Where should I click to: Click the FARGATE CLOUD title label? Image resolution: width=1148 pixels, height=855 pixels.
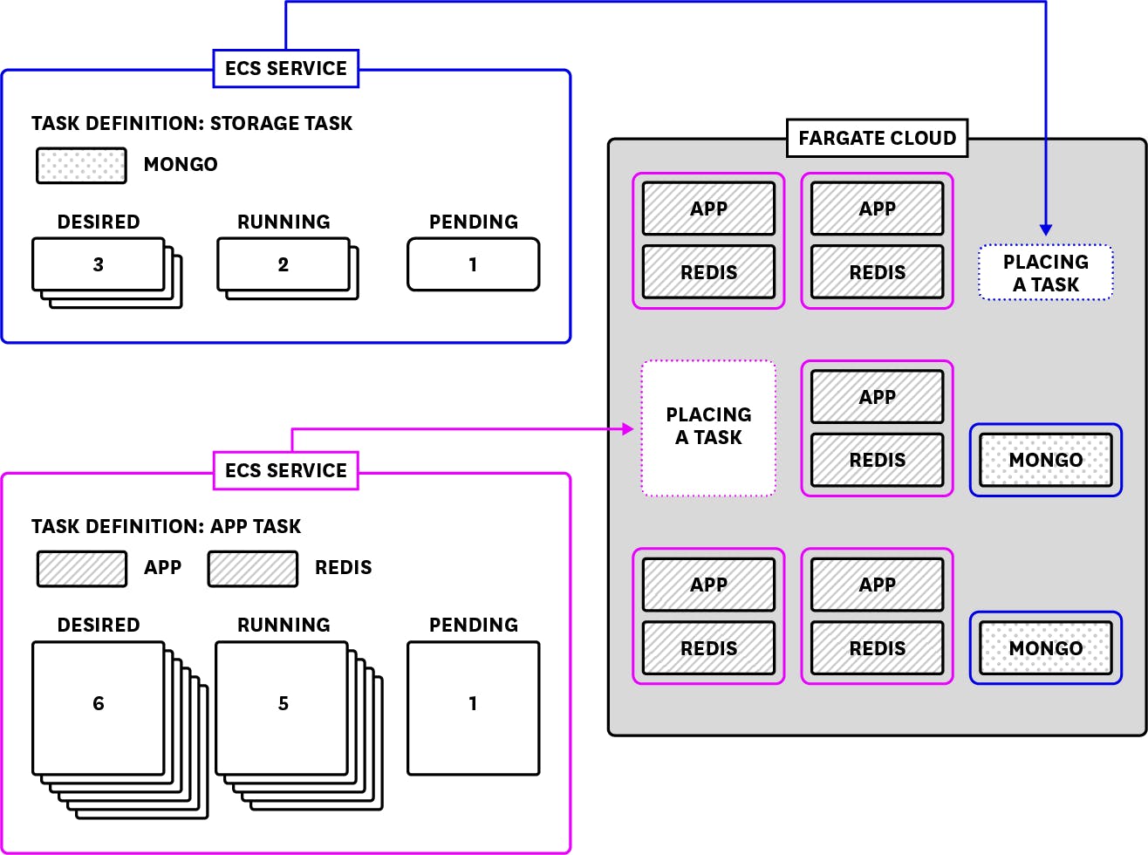(x=877, y=138)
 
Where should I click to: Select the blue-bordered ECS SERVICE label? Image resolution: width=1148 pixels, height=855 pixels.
(x=285, y=68)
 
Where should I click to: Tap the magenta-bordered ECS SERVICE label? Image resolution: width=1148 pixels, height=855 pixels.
(x=285, y=470)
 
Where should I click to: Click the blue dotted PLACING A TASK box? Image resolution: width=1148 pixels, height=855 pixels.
(x=1045, y=273)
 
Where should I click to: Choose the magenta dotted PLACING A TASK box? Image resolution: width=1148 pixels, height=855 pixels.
(x=708, y=427)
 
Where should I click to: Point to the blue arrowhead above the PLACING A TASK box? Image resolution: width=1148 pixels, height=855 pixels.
(x=1045, y=229)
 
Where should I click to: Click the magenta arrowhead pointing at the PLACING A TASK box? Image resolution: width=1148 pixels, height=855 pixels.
(x=627, y=428)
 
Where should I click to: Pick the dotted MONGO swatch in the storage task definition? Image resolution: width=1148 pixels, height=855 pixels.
(x=81, y=165)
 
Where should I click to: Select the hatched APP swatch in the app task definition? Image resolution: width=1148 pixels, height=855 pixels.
(x=81, y=568)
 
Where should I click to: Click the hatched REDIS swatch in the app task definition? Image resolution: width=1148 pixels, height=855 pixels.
(x=253, y=568)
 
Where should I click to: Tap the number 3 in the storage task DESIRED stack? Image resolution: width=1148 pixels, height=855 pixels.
(x=98, y=264)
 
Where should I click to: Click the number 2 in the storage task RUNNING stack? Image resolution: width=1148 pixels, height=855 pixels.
(x=283, y=264)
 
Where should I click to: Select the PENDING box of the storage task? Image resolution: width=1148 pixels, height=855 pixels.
(x=473, y=264)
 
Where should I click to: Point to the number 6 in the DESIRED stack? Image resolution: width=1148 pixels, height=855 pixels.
(x=98, y=703)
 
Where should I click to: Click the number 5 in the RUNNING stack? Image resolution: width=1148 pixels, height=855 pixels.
(x=283, y=703)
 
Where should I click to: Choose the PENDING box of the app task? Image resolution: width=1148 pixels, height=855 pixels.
(x=473, y=708)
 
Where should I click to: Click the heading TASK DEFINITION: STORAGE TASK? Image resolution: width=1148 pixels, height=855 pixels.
(x=192, y=123)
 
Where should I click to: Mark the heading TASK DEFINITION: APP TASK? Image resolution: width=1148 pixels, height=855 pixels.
(x=166, y=526)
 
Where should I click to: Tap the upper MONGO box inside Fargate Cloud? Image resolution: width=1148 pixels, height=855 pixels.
(x=1045, y=460)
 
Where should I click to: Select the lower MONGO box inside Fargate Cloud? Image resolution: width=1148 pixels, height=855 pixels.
(x=1045, y=647)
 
